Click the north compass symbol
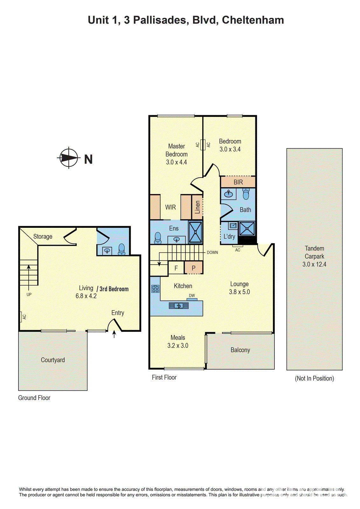69,158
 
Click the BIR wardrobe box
238,182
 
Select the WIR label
170,207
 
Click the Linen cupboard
197,207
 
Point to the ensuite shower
195,232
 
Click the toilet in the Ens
158,238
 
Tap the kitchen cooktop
156,289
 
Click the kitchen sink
179,306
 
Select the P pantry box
193,268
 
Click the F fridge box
176,268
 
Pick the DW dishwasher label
192,296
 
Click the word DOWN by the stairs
212,253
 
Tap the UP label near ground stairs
29,295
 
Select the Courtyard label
53,360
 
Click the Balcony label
240,350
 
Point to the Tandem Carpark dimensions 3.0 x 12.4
314,264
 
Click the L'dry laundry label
229,236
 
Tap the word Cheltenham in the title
253,20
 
